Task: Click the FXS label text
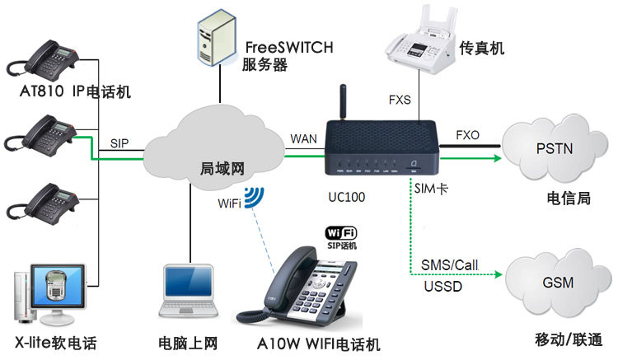point(400,101)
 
